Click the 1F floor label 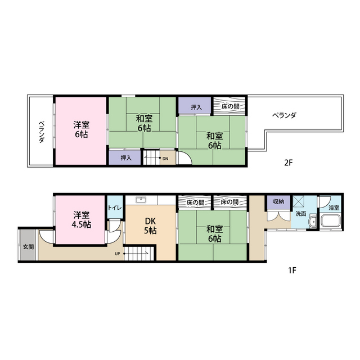point(292,269)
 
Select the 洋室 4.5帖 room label point(80,220)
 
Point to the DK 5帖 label point(151,226)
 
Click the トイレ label point(115,208)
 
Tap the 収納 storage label point(278,201)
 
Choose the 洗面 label point(301,214)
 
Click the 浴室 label point(334,208)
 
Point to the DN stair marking point(165,159)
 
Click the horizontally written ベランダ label point(284,115)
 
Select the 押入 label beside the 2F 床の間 point(196,107)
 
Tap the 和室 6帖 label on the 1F point(213,234)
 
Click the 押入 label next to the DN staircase point(126,158)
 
